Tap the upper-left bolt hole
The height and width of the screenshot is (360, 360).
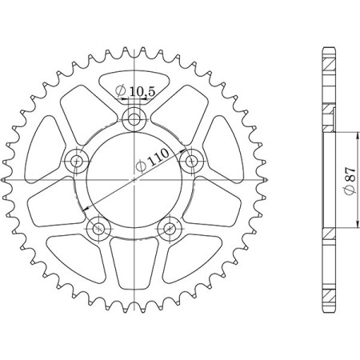78,162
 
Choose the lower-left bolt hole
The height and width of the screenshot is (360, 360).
99,229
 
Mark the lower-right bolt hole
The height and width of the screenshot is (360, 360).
169,229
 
